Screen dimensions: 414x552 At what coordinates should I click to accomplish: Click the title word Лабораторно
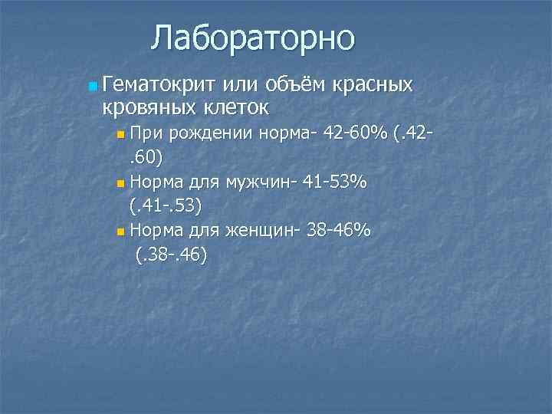click(x=253, y=38)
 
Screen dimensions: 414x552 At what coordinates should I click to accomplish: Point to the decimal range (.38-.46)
click(x=170, y=254)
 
